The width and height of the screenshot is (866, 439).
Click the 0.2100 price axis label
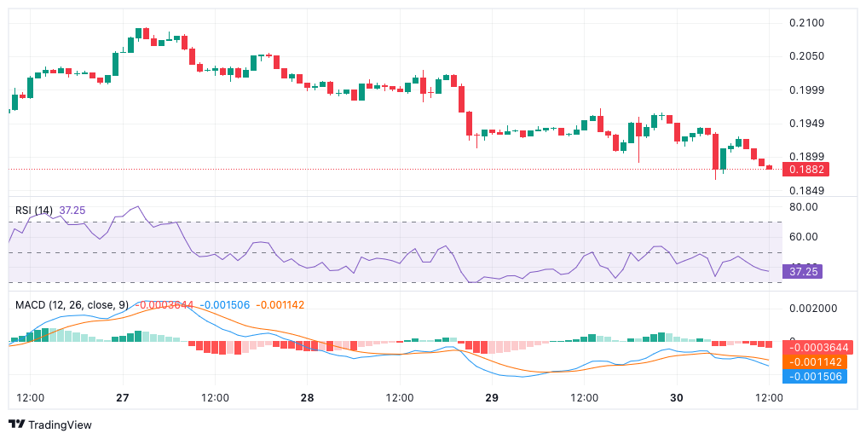805,22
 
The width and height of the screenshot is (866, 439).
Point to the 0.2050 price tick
805,56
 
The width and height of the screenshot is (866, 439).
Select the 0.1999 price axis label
805,90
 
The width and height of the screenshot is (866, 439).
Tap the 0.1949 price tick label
805,124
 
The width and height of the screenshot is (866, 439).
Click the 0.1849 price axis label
805,191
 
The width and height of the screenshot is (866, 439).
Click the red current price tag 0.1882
805,169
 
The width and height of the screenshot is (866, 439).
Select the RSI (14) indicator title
34,210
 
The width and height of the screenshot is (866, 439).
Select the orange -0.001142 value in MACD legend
280,304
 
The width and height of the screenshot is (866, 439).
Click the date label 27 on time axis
122,398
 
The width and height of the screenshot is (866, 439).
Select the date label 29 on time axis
492,398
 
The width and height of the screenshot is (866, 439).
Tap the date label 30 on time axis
677,398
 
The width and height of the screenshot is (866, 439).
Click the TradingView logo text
60,425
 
